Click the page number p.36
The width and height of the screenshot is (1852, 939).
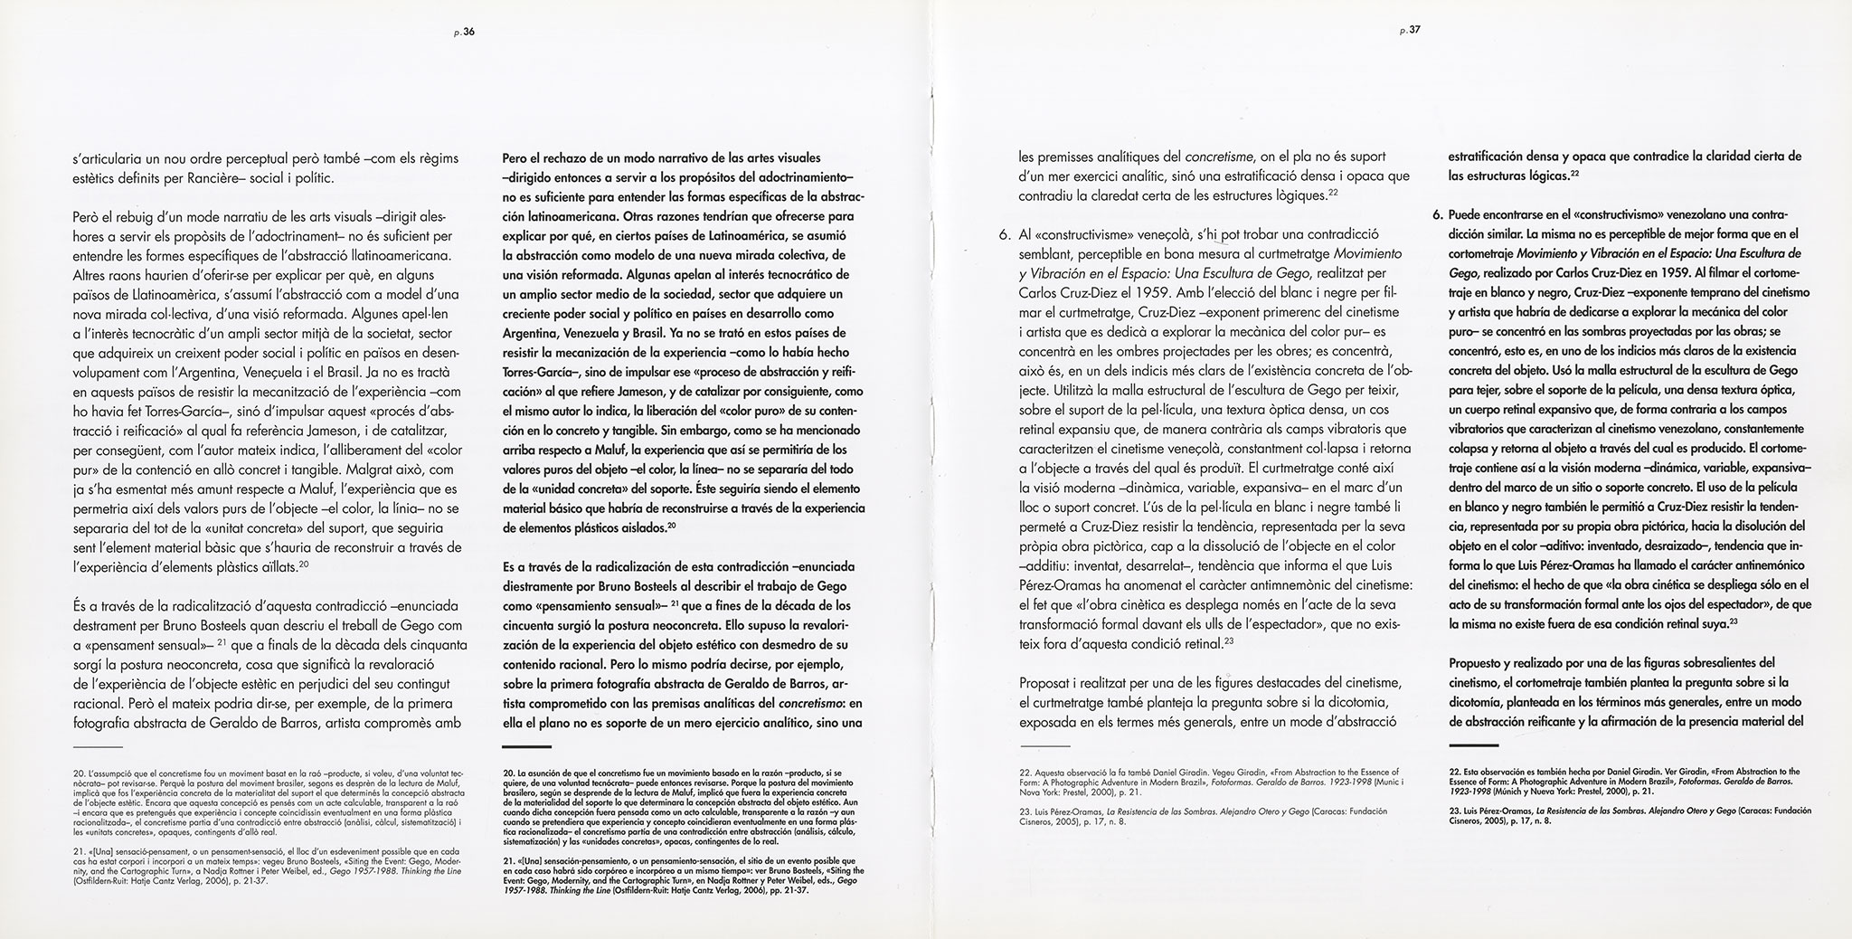coord(463,32)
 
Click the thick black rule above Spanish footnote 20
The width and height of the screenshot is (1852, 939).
coord(526,747)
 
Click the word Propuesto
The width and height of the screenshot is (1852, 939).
coord(1478,661)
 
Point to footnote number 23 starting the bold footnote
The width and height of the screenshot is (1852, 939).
coord(1454,811)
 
